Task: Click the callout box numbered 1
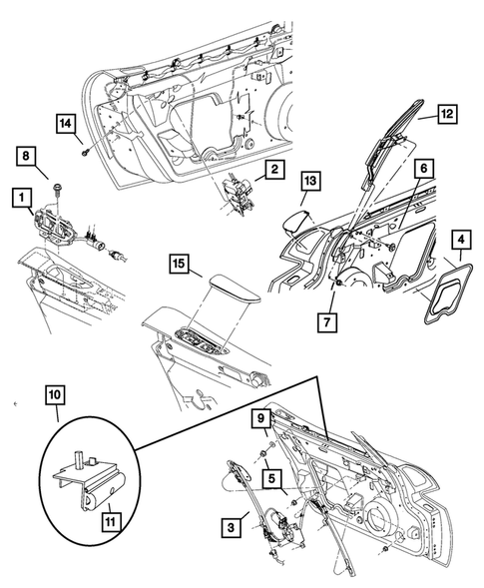[x=19, y=199]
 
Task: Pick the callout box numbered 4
[x=460, y=241]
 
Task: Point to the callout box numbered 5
[x=269, y=477]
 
